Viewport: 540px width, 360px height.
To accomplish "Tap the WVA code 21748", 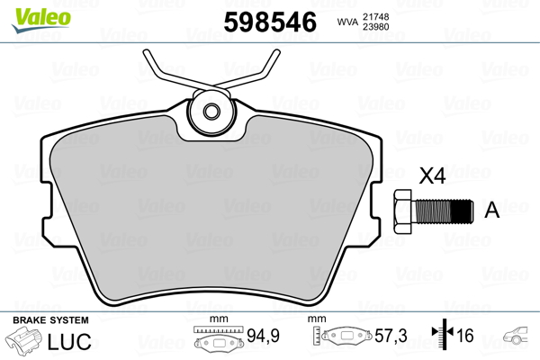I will click(x=376, y=15).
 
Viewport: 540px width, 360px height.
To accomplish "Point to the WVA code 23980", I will click(x=376, y=27).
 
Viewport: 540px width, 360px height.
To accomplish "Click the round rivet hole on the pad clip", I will click(x=213, y=112).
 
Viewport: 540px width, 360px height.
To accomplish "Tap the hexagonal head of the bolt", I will click(x=403, y=211).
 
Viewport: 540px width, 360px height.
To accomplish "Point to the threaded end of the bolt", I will click(x=460, y=211).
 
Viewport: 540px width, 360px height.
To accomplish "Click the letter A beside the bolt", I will click(x=491, y=211).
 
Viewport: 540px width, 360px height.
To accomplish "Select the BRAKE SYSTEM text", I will click(x=50, y=320).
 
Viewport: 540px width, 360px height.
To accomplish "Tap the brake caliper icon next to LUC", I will click(x=27, y=342).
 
